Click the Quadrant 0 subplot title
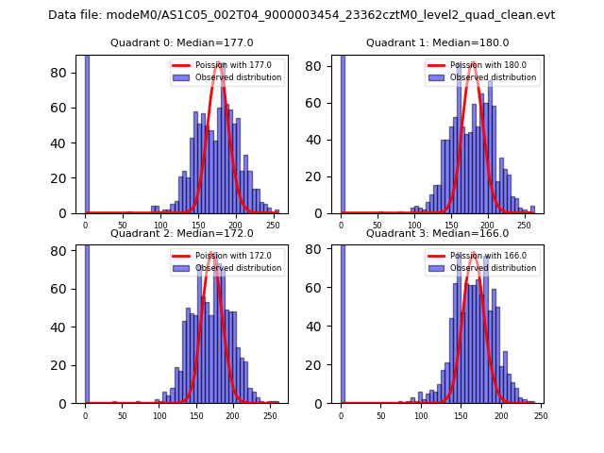point(181,43)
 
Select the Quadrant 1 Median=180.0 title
point(437,43)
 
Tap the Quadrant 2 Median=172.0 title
point(181,233)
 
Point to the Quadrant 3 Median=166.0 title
point(437,233)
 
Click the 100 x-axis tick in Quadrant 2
point(159,414)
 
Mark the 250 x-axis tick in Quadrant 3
point(541,414)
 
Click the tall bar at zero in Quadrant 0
point(87,132)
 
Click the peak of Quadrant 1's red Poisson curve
point(473,63)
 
